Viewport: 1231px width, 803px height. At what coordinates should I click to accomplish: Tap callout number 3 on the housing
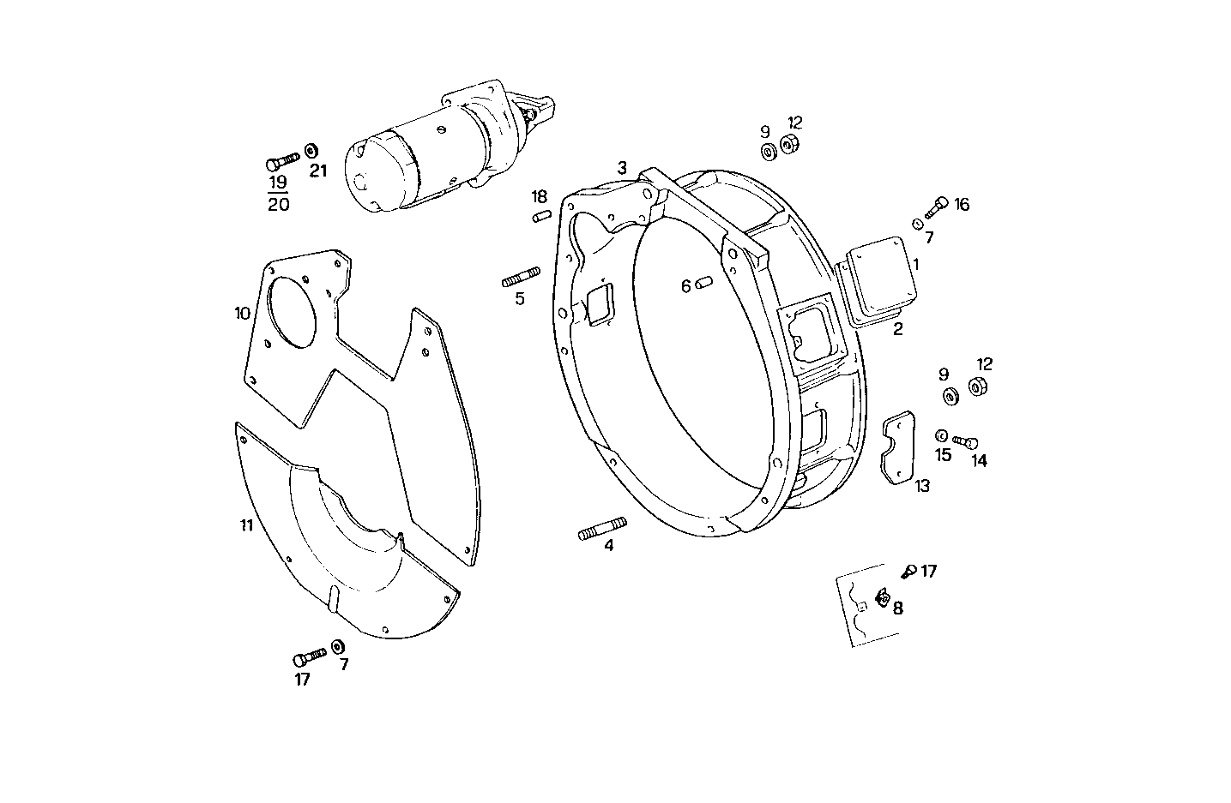click(622, 167)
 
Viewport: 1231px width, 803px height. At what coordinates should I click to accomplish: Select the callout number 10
click(243, 314)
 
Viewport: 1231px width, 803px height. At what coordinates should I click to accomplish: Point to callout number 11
click(246, 525)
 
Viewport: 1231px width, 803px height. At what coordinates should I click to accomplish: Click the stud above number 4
click(602, 528)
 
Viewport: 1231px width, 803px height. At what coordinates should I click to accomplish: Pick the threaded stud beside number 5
click(521, 278)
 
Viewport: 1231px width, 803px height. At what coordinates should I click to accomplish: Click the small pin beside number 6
click(704, 284)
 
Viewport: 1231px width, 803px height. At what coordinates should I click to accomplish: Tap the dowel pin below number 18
click(540, 216)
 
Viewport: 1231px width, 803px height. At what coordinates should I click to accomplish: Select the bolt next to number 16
click(936, 206)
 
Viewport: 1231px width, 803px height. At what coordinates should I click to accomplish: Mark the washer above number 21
click(311, 151)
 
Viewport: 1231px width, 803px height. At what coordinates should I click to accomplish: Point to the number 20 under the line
click(278, 204)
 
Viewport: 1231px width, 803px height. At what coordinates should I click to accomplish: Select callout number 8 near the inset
click(897, 608)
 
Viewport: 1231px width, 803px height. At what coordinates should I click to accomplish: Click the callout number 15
click(943, 455)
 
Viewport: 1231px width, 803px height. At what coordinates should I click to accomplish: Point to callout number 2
click(897, 329)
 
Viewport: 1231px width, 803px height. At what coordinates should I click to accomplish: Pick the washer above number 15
click(941, 435)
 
